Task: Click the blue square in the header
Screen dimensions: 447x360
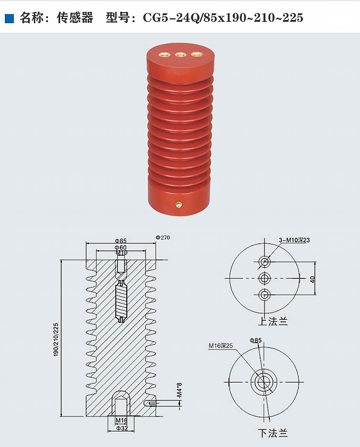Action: tap(9, 18)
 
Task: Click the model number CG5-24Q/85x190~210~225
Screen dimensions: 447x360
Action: tap(223, 18)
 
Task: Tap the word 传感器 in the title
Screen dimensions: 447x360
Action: tap(75, 18)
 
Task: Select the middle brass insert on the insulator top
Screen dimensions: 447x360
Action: tap(181, 55)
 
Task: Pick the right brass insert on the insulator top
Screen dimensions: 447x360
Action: tap(196, 55)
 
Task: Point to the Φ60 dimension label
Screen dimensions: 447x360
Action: tap(121, 247)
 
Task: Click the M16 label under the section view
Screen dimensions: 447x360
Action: tap(121, 421)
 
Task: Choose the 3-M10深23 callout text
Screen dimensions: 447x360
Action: tap(294, 240)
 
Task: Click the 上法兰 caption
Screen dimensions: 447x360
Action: tap(273, 322)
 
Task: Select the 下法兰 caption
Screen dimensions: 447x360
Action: tap(273, 433)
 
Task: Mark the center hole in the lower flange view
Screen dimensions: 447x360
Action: tap(263, 382)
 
